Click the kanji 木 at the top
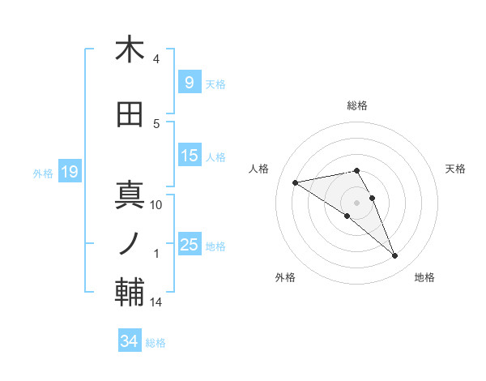coord(130,50)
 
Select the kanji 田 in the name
coord(130,115)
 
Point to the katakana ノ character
coord(130,243)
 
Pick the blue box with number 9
coord(189,83)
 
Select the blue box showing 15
coord(189,156)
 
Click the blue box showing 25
coord(189,245)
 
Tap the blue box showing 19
coord(68,172)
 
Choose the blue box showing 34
coord(129,341)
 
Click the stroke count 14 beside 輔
coord(156,302)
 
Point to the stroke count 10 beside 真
coord(156,205)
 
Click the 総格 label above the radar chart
coord(357,105)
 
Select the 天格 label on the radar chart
coord(455,169)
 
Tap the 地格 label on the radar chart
coord(424,277)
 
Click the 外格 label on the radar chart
coord(285,277)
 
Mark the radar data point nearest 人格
coord(296,182)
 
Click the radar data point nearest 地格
coord(395,256)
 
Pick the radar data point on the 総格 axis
coord(357,170)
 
